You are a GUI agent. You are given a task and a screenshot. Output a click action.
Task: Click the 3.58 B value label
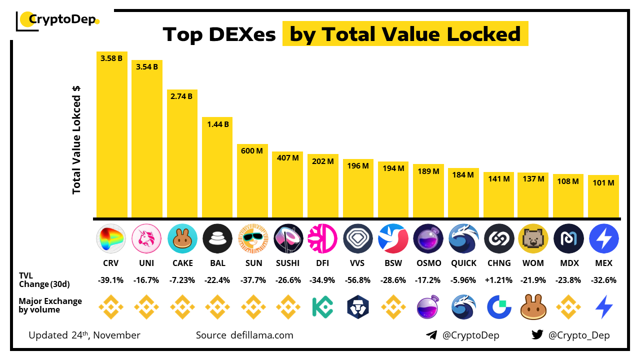pyautogui.click(x=111, y=58)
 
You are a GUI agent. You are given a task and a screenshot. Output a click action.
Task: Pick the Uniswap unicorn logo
pyautogui.click(x=146, y=238)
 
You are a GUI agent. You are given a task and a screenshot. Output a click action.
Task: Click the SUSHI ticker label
pyautogui.click(x=287, y=263)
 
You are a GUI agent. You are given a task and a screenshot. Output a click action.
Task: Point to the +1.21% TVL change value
pyautogui.click(x=498, y=280)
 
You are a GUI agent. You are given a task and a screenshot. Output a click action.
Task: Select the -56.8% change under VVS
pyautogui.click(x=358, y=280)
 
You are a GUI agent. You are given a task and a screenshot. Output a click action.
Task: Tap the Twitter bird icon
pyautogui.click(x=537, y=335)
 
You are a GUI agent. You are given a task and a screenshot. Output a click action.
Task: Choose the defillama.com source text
pyautogui.click(x=260, y=335)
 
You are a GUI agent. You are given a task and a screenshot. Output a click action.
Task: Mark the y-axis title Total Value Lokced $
pyautogui.click(x=76, y=140)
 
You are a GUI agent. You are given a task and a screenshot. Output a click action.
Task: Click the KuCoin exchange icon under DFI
pyautogui.click(x=322, y=307)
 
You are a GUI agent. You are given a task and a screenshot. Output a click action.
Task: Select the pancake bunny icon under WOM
pyautogui.click(x=533, y=307)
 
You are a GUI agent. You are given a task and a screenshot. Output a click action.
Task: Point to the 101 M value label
pyautogui.click(x=603, y=183)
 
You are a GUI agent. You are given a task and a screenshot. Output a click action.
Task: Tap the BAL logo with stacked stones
pyautogui.click(x=217, y=238)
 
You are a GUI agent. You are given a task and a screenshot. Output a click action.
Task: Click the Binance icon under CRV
pyautogui.click(x=111, y=307)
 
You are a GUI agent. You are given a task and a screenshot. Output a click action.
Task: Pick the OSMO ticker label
pyautogui.click(x=428, y=263)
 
